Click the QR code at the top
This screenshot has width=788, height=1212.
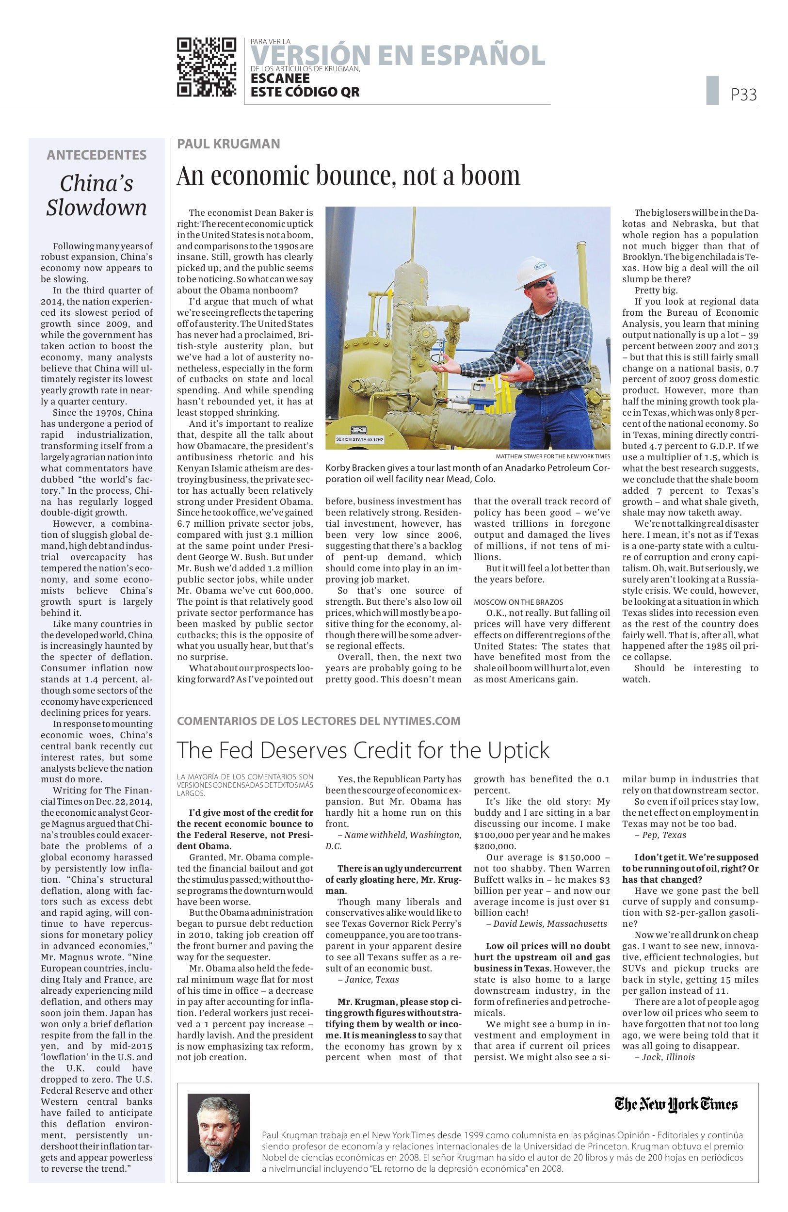[207, 67]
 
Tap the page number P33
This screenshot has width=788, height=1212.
[744, 95]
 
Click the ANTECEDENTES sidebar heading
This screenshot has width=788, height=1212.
[96, 155]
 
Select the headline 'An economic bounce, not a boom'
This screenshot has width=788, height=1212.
[348, 176]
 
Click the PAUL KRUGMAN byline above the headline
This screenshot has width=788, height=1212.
[228, 144]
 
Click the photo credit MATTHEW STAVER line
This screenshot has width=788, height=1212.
[553, 456]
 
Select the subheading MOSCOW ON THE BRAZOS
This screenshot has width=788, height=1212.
[518, 602]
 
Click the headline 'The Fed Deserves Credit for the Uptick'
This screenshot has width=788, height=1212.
[363, 750]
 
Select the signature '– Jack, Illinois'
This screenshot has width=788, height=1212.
[664, 1057]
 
